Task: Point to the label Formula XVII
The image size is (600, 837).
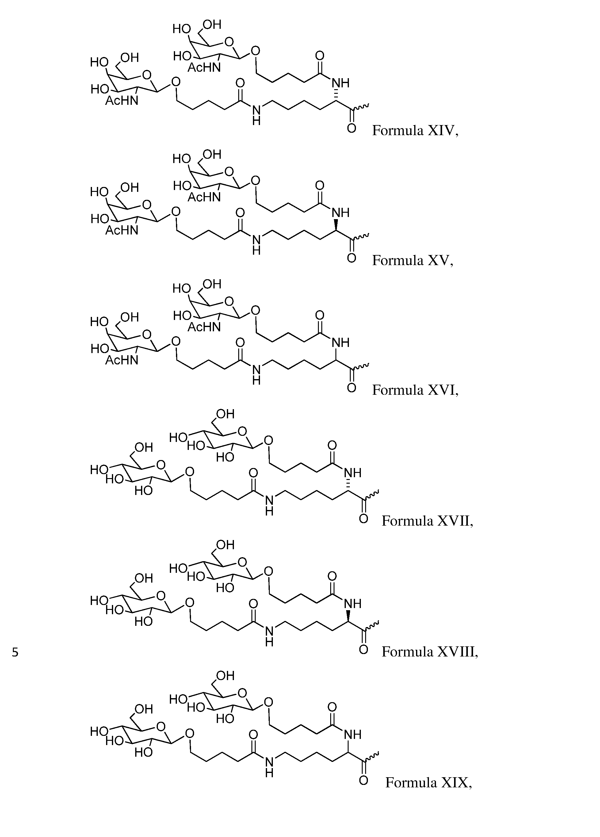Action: coord(427,521)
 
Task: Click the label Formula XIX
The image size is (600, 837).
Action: coord(428,782)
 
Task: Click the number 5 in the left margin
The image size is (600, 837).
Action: coord(15,652)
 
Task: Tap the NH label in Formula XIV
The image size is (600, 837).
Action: coord(340,83)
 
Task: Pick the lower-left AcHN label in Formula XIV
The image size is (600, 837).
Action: coord(121,101)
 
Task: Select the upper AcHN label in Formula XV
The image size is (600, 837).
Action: coord(204,197)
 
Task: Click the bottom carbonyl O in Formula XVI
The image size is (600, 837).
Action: coord(352,388)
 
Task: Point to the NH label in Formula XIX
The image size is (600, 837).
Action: coord(353,734)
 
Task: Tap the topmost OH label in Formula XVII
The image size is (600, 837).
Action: coord(225,414)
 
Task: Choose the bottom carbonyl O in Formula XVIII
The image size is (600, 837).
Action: coord(364,650)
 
